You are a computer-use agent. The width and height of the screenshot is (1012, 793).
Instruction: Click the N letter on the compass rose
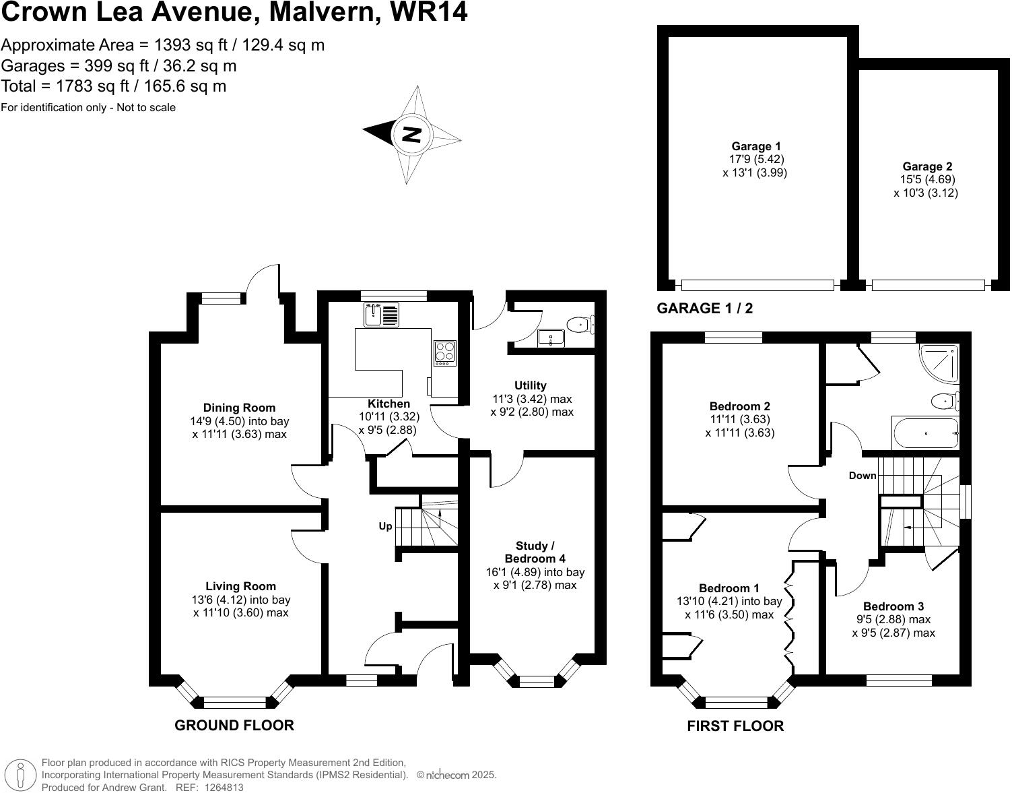click(411, 134)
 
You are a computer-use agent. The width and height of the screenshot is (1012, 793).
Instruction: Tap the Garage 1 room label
click(755, 146)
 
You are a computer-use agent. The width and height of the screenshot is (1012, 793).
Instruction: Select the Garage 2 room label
click(926, 166)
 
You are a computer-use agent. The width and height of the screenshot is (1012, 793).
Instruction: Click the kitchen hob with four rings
click(444, 352)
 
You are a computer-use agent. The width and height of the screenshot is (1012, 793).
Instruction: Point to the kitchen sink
click(374, 314)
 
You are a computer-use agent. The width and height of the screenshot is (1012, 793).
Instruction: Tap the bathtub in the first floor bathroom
click(925, 433)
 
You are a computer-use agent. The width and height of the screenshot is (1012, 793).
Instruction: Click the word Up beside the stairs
click(385, 526)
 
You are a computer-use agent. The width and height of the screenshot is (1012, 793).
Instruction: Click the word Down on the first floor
click(863, 476)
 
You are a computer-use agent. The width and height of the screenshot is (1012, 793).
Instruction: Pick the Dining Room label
click(239, 408)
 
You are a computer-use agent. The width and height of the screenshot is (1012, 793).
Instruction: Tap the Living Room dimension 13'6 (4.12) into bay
click(241, 600)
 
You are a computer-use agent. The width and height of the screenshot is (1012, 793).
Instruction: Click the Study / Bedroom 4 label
click(535, 552)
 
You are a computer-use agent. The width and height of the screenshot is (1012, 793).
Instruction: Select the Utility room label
click(531, 385)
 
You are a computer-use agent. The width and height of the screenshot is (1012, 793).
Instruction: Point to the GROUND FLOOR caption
click(234, 726)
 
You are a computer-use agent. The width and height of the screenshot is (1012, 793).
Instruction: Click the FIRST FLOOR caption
click(735, 726)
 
